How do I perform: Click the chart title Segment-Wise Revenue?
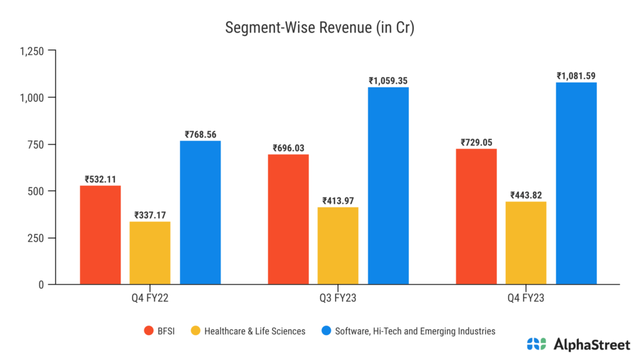click(x=319, y=28)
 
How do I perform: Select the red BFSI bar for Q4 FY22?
click(x=101, y=235)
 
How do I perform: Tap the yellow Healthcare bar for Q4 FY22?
click(x=150, y=253)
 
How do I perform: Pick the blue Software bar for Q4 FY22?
click(x=200, y=212)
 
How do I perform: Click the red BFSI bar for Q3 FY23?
click(x=288, y=219)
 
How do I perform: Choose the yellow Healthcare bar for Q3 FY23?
click(x=338, y=246)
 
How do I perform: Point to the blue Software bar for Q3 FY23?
click(x=388, y=186)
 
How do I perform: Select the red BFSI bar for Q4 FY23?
click(x=476, y=216)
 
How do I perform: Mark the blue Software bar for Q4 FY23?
click(x=576, y=183)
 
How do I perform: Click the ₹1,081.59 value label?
click(x=576, y=76)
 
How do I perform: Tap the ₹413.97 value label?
click(x=338, y=201)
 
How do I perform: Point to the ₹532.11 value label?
click(x=101, y=179)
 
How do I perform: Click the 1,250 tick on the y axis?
click(x=32, y=51)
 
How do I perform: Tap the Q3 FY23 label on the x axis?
click(x=338, y=298)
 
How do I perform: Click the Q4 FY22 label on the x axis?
click(x=150, y=298)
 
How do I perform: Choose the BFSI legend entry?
click(x=160, y=331)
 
